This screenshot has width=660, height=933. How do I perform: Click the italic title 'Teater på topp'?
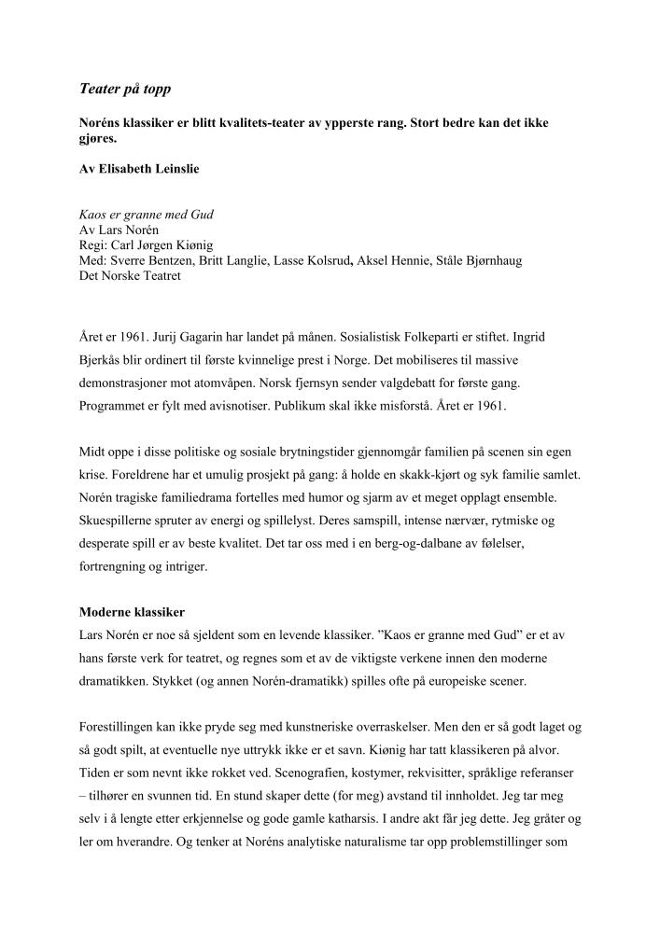click(x=124, y=90)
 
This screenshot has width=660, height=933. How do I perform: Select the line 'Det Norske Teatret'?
click(x=131, y=275)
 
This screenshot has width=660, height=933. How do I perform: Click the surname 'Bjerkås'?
click(x=104, y=358)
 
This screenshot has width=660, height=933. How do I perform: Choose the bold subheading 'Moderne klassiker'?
click(x=133, y=612)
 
